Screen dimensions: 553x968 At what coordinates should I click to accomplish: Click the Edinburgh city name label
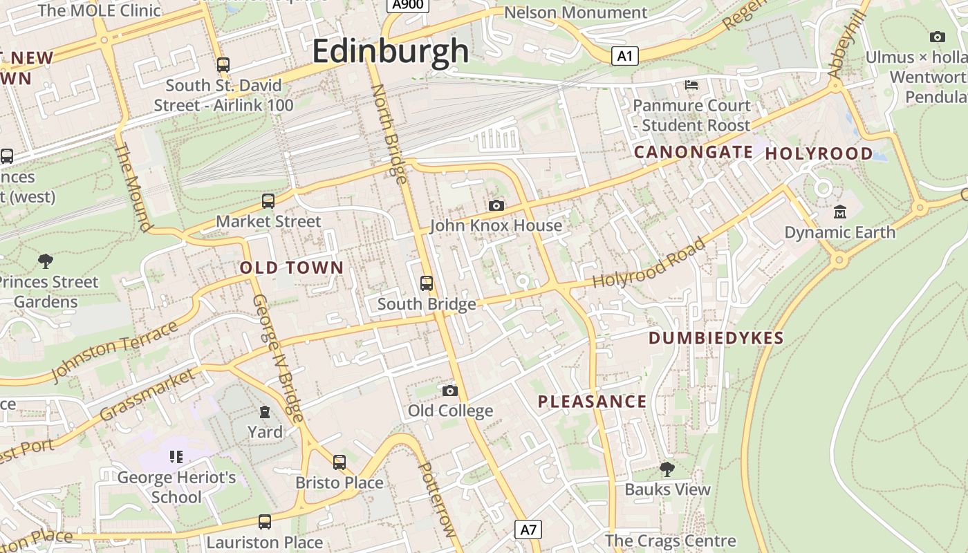coord(391,51)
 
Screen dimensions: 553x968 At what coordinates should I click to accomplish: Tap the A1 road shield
coord(624,56)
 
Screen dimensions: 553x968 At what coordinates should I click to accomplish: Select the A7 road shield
coord(528,530)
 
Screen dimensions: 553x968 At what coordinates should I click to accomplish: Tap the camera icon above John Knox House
coord(496,205)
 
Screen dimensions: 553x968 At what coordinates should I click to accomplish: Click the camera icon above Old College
coord(450,391)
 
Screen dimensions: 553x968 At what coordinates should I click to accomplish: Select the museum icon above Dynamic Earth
coord(840,212)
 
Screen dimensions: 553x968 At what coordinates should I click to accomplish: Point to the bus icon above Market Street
coord(268,201)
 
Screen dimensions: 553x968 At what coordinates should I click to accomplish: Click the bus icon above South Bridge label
coord(427,283)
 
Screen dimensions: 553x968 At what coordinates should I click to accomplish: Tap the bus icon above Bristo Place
coord(339,462)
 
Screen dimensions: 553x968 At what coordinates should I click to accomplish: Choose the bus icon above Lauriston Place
coord(265,522)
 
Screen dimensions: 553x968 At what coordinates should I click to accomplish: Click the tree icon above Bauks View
coord(667,469)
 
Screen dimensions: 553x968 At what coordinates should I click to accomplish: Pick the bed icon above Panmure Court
coord(691,85)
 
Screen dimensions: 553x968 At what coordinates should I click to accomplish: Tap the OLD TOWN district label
coord(291,268)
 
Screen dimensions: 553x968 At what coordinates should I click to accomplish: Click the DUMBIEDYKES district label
coord(716,338)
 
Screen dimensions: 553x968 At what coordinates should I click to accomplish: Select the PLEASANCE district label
coord(592,402)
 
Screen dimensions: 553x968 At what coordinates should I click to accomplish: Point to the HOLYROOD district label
coord(819,153)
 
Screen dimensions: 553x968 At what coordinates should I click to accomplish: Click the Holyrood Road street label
coord(649,263)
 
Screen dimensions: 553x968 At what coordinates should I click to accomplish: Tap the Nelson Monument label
coord(575,12)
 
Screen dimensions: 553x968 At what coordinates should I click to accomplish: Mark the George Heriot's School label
coord(176,487)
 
